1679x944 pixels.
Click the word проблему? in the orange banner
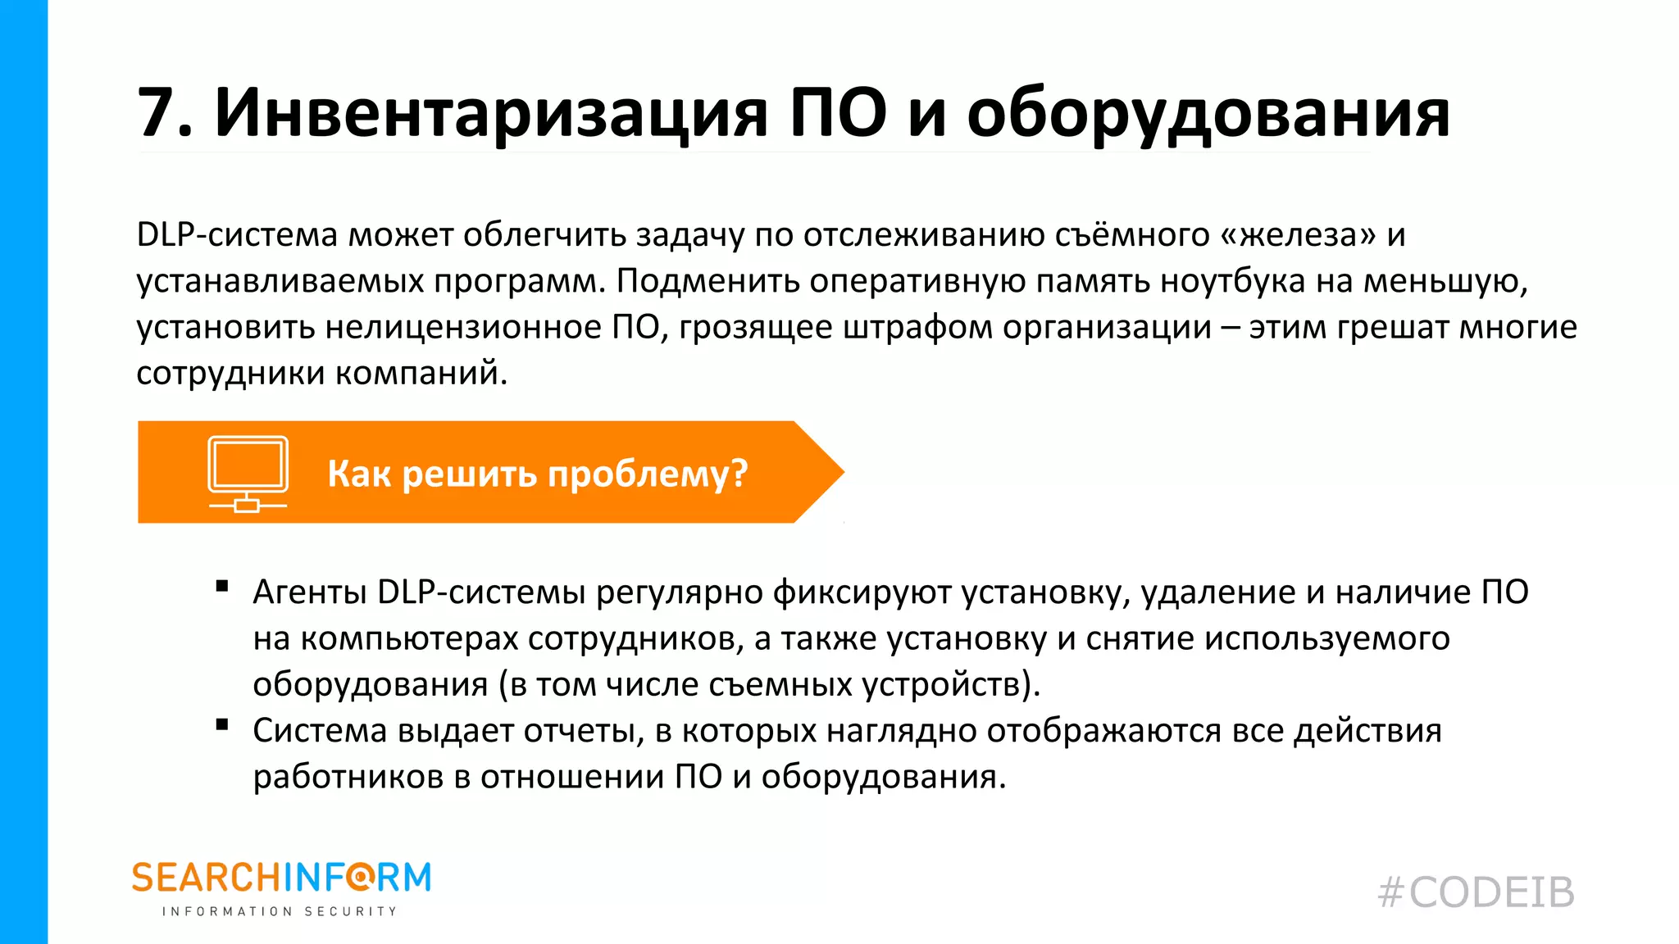pos(648,474)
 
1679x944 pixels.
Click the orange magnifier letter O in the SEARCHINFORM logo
pos(360,878)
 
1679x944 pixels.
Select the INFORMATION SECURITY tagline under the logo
pos(280,911)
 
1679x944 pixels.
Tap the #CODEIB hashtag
pos(1476,892)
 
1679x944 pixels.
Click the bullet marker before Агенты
pos(221,586)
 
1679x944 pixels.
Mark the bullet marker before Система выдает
pos(221,724)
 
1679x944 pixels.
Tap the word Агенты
pos(310,592)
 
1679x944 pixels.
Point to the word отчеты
pos(579,731)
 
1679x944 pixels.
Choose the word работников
pos(348,777)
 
